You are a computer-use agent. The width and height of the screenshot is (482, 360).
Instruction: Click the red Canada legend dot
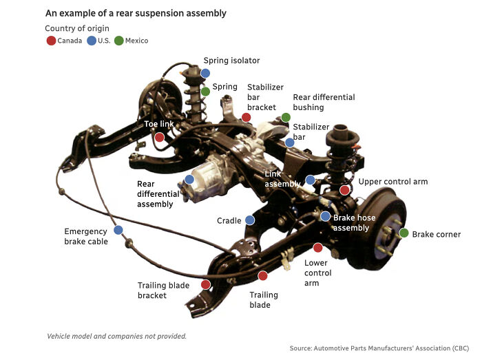point(51,41)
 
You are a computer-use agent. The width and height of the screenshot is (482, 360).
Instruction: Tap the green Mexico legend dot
point(119,41)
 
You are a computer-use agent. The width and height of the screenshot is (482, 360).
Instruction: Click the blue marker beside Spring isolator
point(205,73)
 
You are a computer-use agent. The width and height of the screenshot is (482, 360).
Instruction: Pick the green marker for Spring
point(205,91)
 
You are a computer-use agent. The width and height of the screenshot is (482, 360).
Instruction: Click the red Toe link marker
point(160,138)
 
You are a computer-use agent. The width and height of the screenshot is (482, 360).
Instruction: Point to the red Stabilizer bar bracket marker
point(247,118)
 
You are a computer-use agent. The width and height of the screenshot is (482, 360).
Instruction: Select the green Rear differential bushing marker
point(286,118)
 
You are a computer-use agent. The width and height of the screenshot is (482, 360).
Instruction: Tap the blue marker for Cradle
point(249,220)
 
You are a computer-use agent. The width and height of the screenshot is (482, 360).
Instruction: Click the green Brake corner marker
point(404,233)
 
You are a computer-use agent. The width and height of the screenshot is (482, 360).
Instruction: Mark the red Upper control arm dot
point(345,190)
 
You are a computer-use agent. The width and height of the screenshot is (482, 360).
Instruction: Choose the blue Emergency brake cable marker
point(118,230)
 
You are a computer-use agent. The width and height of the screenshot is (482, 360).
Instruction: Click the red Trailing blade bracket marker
point(205,284)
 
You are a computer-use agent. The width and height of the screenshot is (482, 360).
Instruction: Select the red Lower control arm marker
point(317,248)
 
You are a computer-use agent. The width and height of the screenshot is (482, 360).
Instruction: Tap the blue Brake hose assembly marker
point(325,216)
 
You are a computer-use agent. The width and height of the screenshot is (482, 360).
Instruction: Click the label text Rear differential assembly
point(158,194)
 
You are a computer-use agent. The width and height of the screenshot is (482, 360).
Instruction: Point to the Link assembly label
point(282,179)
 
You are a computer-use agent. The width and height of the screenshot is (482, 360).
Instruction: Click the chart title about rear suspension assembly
point(136,13)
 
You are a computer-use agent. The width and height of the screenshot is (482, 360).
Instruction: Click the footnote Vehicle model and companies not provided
point(116,336)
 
